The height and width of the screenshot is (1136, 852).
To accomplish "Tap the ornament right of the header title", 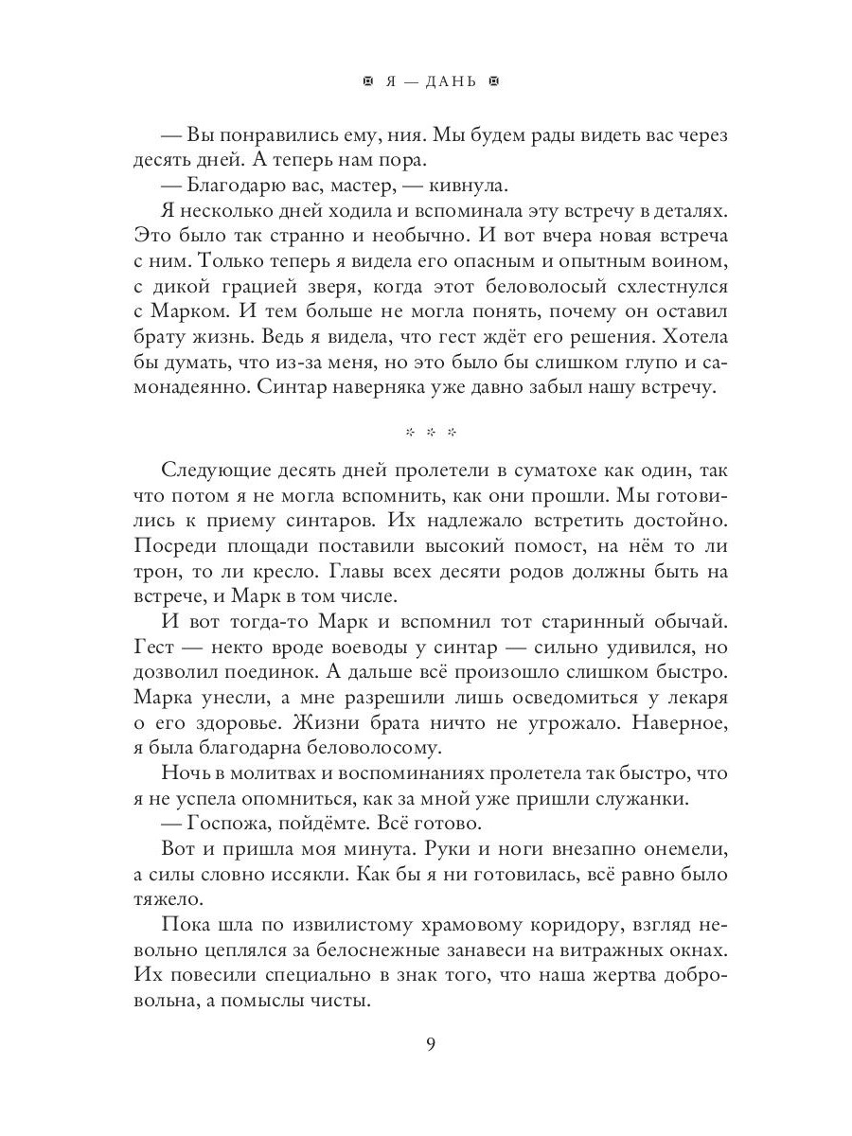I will (x=491, y=81).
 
